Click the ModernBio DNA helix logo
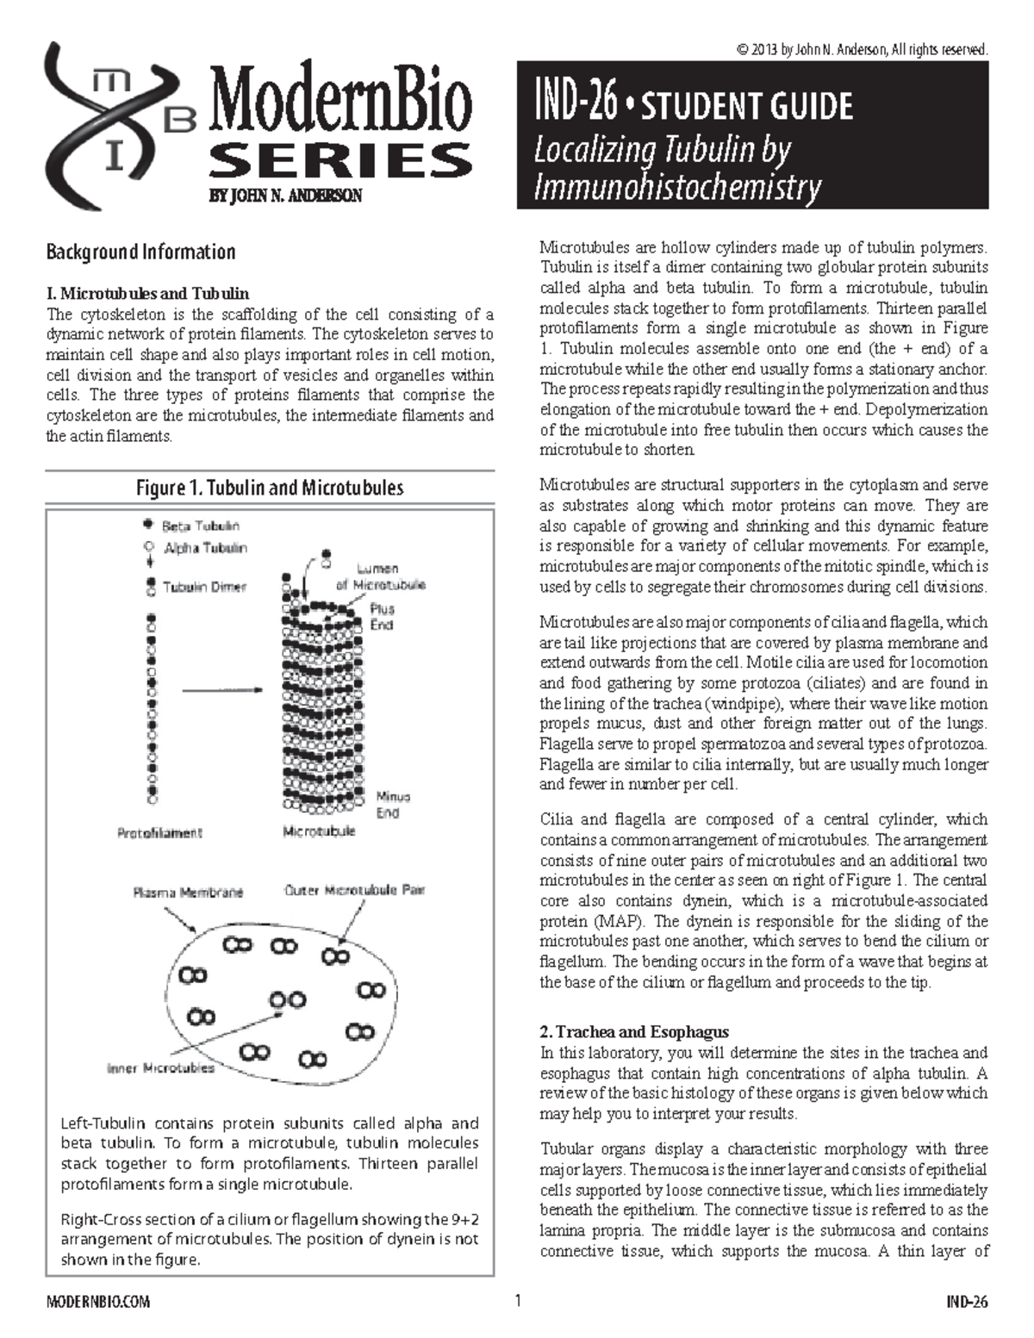(x=116, y=125)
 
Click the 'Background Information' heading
(x=140, y=252)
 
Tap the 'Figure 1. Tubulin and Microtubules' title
(x=270, y=488)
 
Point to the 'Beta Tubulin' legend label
(x=201, y=526)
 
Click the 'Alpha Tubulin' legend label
(x=205, y=548)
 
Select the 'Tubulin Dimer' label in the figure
(x=204, y=587)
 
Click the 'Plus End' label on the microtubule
(x=382, y=616)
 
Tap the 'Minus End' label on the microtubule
(x=393, y=805)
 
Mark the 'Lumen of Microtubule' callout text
(x=380, y=576)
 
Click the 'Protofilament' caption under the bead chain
(x=159, y=833)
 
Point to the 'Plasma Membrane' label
(x=188, y=893)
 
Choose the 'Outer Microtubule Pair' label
(x=354, y=890)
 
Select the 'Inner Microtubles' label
(x=160, y=1068)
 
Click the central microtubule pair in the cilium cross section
(x=287, y=1000)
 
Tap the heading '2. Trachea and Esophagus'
(x=634, y=1031)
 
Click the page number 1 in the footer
(x=518, y=1301)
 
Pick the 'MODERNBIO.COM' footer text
(x=97, y=1302)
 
